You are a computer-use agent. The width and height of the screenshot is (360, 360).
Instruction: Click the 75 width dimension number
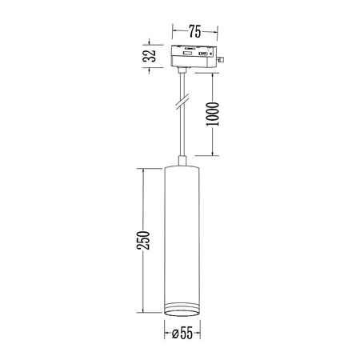tap(194, 33)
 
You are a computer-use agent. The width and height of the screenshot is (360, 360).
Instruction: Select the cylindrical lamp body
tap(181, 240)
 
